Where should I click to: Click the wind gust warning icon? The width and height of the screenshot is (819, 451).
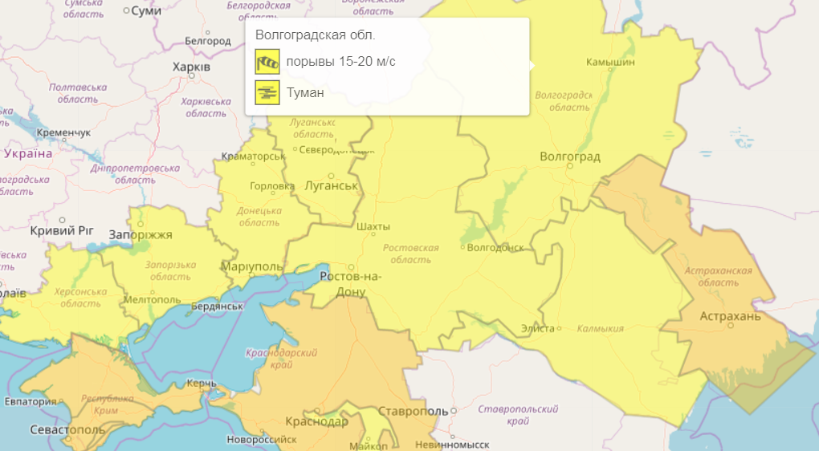click(x=267, y=62)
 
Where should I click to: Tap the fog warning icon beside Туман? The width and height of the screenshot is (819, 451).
click(x=267, y=92)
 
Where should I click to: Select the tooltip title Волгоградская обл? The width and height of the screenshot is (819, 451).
click(x=315, y=35)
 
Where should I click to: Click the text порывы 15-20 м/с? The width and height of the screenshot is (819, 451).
click(x=340, y=62)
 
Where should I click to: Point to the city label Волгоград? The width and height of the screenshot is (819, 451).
click(x=570, y=156)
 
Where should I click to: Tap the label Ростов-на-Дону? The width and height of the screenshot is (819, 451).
click(x=351, y=284)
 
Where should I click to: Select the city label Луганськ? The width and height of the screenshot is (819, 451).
click(x=331, y=185)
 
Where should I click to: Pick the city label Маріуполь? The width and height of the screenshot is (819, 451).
click(x=251, y=266)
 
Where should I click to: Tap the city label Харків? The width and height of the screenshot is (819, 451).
click(x=191, y=67)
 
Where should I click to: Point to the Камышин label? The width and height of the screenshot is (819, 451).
click(x=610, y=62)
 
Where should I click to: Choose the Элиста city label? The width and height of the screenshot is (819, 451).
click(x=537, y=329)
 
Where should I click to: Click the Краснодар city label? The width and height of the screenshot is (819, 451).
click(x=316, y=422)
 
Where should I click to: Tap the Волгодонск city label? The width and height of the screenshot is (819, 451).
click(x=495, y=247)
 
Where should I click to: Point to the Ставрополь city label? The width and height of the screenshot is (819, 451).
click(x=410, y=411)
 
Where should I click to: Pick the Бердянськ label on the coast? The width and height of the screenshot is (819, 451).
click(x=217, y=306)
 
